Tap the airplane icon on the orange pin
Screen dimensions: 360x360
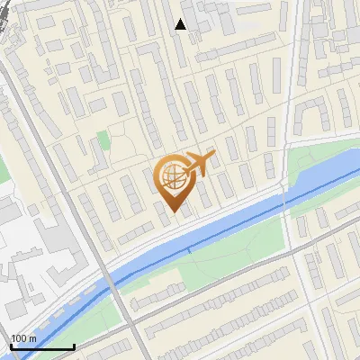pyautogui.click(x=199, y=163)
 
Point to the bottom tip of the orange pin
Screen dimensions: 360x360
pyautogui.click(x=173, y=213)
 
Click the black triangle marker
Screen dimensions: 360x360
pyautogui.click(x=181, y=24)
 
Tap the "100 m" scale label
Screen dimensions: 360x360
pyautogui.click(x=24, y=338)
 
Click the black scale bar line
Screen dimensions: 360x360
pyautogui.click(x=41, y=346)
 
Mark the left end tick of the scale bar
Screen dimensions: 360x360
pyautogui.click(x=11, y=346)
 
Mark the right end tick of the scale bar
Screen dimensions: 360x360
pyautogui.click(x=73, y=346)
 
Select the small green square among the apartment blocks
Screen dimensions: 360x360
pyautogui.click(x=103, y=140)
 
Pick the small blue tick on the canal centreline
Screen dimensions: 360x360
pyautogui.click(x=188, y=249)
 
